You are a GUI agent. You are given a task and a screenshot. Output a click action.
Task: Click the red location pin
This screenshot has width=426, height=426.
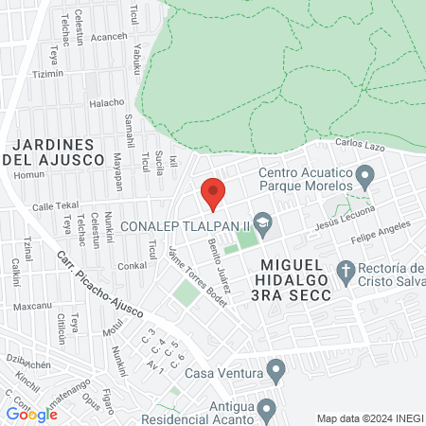point(213,193)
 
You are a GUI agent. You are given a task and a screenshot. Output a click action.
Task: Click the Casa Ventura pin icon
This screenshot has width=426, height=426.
point(275,369)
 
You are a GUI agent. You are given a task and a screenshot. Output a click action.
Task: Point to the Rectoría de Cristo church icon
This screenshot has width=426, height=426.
point(347,275)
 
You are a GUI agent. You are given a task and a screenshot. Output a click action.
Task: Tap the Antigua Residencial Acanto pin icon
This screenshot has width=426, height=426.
point(267,410)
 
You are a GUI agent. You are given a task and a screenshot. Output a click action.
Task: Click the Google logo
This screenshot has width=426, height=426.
point(31,414)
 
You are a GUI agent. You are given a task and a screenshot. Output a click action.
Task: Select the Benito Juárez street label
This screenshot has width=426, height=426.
point(219,266)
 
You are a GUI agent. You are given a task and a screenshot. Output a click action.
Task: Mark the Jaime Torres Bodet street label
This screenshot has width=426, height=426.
point(197,275)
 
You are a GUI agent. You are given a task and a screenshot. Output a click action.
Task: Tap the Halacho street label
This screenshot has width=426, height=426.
point(106,103)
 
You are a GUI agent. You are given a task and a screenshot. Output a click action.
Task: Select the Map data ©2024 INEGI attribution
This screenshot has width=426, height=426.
point(369,418)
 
